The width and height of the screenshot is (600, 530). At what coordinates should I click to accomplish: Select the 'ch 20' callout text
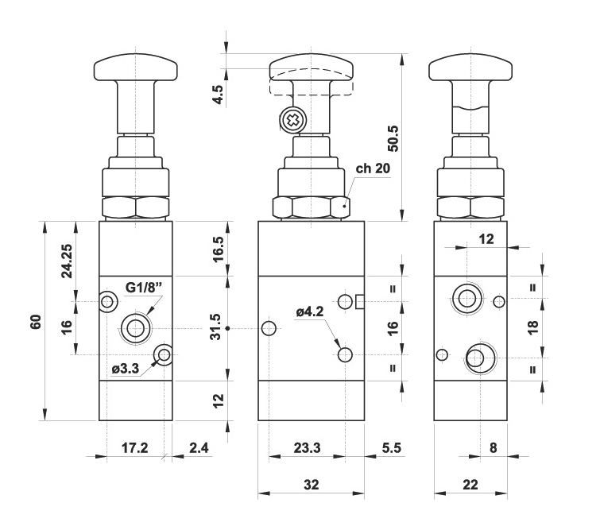point(373,168)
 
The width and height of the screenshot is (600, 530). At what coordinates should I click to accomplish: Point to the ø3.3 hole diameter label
point(126,368)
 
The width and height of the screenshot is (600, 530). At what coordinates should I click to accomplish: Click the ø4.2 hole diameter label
point(311,312)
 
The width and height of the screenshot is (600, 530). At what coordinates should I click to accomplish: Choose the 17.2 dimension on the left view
point(133,448)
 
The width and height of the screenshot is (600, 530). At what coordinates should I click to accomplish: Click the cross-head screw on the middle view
point(292,121)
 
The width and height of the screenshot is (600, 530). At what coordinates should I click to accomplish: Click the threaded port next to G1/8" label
point(135,327)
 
